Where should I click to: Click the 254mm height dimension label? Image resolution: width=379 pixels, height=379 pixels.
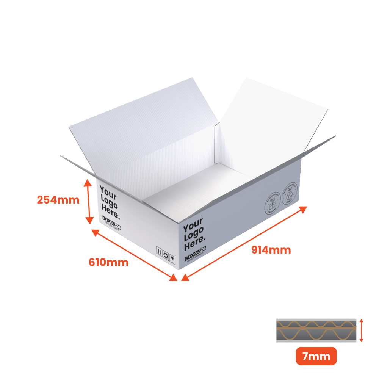[58, 200]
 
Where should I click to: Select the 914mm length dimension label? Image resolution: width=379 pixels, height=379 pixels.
[271, 250]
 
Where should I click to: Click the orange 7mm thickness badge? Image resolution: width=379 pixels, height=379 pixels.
[316, 356]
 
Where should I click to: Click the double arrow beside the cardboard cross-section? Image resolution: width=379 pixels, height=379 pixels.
[362, 330]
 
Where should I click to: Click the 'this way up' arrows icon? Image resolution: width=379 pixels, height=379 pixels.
[159, 251]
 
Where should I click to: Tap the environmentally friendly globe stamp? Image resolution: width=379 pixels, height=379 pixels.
[290, 194]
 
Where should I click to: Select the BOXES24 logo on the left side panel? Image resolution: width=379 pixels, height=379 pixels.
[111, 222]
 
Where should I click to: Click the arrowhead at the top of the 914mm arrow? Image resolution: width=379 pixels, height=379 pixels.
[303, 208]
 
